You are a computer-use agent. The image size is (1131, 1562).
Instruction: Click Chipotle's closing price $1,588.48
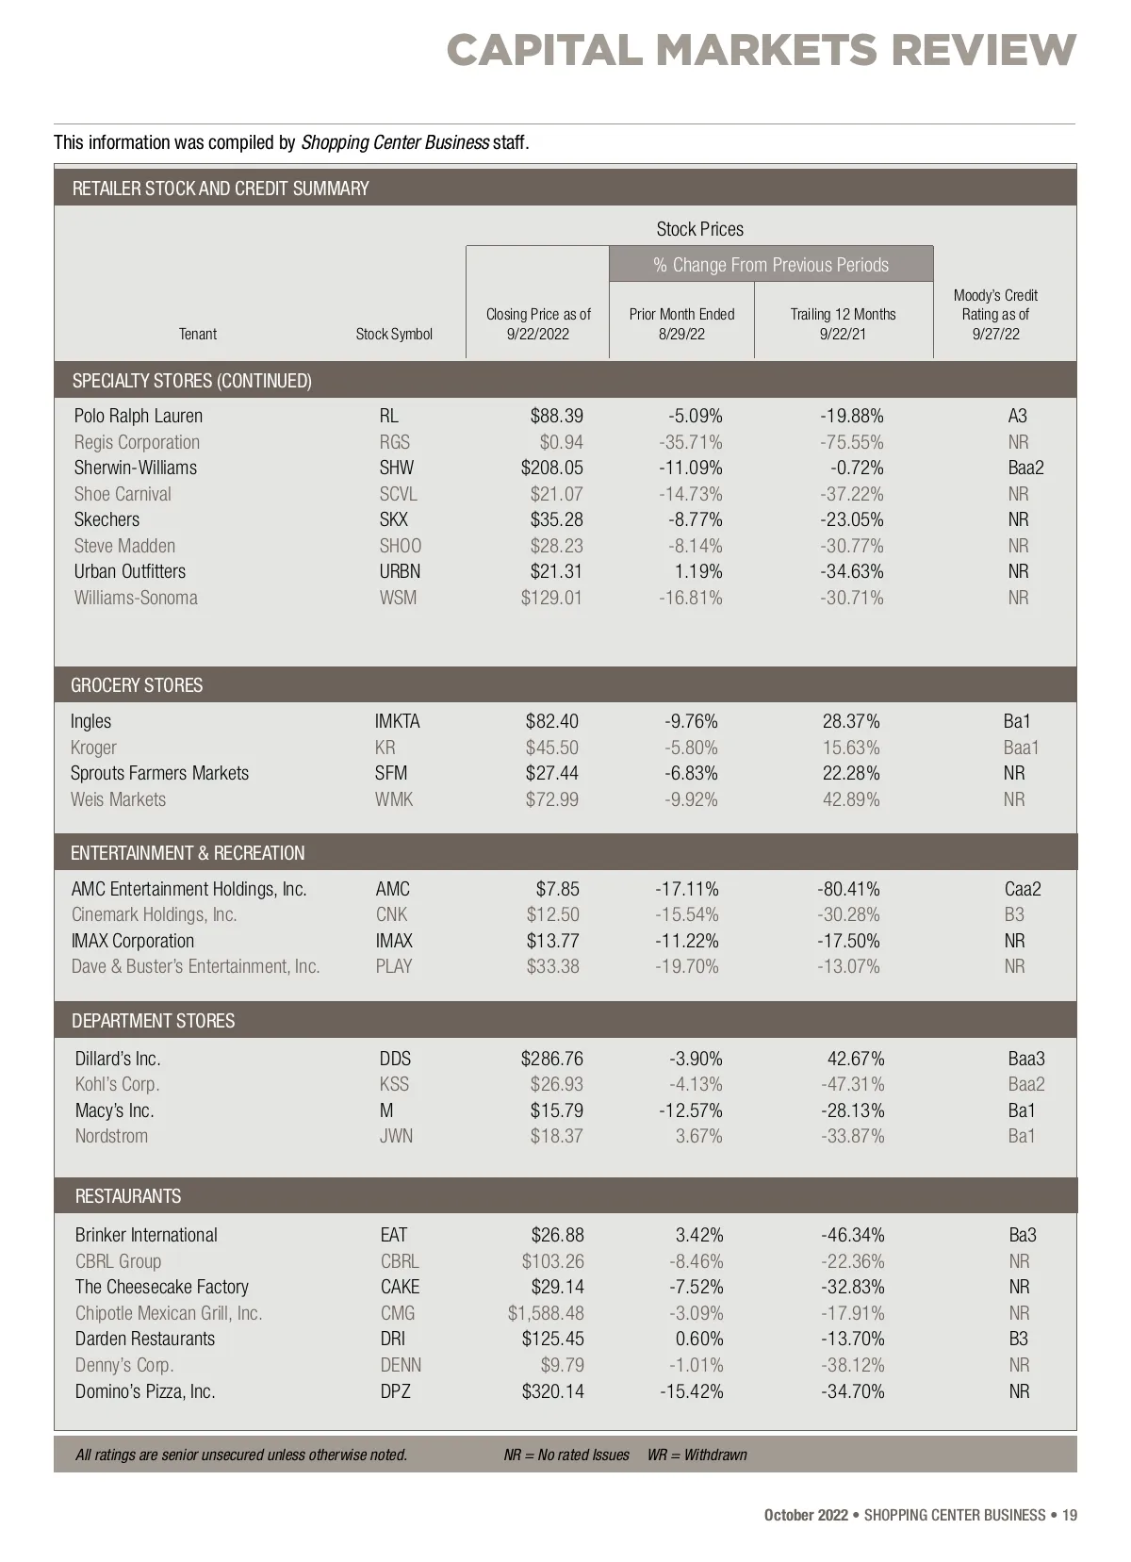[x=545, y=1313]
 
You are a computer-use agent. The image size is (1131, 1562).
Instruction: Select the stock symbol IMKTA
[x=397, y=721]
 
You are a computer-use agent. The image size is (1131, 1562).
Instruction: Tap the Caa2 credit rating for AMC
[x=1023, y=889]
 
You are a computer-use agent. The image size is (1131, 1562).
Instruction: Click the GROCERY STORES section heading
[x=137, y=685]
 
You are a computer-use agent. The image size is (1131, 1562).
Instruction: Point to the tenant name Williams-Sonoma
[x=136, y=598]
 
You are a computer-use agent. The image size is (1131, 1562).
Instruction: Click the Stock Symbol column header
[x=394, y=334]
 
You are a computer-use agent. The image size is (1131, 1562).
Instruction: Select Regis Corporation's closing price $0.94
[x=561, y=442]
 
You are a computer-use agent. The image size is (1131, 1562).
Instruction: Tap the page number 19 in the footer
[x=1069, y=1515]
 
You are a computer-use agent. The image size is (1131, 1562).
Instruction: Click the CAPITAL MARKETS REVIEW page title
[x=761, y=50]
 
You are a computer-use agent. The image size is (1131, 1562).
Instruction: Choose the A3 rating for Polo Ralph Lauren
[x=1017, y=416]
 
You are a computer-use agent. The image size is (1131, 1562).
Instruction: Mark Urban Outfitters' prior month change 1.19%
[x=698, y=571]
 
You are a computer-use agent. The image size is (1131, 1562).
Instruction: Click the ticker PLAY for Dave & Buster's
[x=394, y=966]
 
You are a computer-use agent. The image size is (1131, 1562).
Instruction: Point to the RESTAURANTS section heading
[x=128, y=1196]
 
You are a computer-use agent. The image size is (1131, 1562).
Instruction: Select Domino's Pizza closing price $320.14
[x=552, y=1391]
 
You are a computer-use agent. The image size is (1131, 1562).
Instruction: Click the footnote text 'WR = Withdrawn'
[x=697, y=1455]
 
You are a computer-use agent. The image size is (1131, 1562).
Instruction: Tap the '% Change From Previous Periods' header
[x=771, y=265]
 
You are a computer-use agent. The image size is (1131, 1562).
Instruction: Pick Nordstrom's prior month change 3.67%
[x=698, y=1136]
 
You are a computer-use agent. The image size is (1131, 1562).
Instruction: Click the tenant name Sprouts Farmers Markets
[x=159, y=773]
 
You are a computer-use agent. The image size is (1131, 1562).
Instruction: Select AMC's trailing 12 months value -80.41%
[x=848, y=889]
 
